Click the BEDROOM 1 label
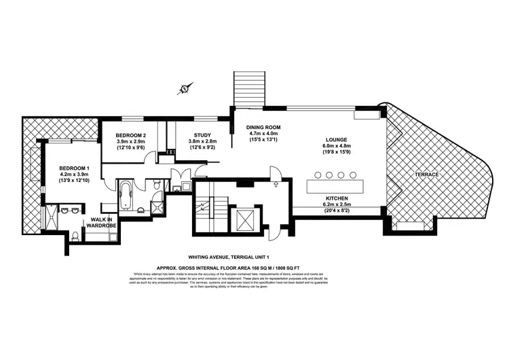click(x=73, y=168)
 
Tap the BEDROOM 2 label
click(x=131, y=135)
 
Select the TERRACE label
click(x=428, y=175)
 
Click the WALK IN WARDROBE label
click(x=100, y=223)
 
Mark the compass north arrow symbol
click(x=184, y=88)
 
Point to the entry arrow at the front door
click(x=276, y=181)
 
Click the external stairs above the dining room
click(x=248, y=89)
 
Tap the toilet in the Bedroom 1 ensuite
click(x=75, y=237)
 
